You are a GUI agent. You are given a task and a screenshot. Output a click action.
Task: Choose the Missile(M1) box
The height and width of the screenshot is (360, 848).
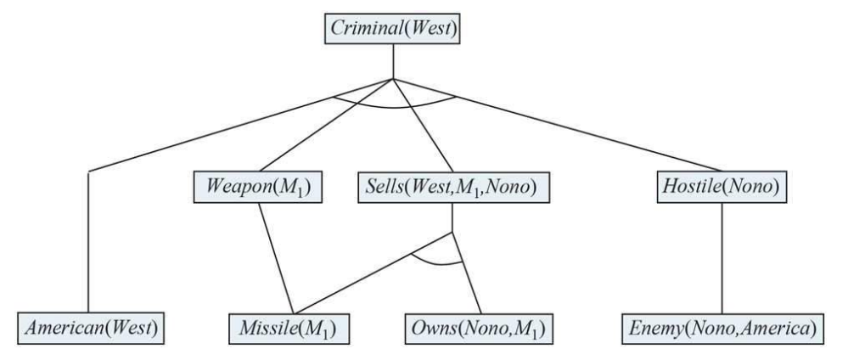(291, 327)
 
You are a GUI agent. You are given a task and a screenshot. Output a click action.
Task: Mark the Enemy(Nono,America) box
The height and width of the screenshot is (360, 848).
(722, 327)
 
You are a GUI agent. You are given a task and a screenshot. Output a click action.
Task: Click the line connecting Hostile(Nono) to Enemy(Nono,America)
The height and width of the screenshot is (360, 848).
(722, 255)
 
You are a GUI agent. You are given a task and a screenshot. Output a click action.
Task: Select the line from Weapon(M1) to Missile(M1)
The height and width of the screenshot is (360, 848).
(275, 255)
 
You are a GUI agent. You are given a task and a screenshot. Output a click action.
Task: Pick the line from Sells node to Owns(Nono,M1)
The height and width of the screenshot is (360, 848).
(469, 272)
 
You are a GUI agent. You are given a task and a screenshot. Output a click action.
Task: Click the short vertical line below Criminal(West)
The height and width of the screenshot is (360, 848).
(391, 61)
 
